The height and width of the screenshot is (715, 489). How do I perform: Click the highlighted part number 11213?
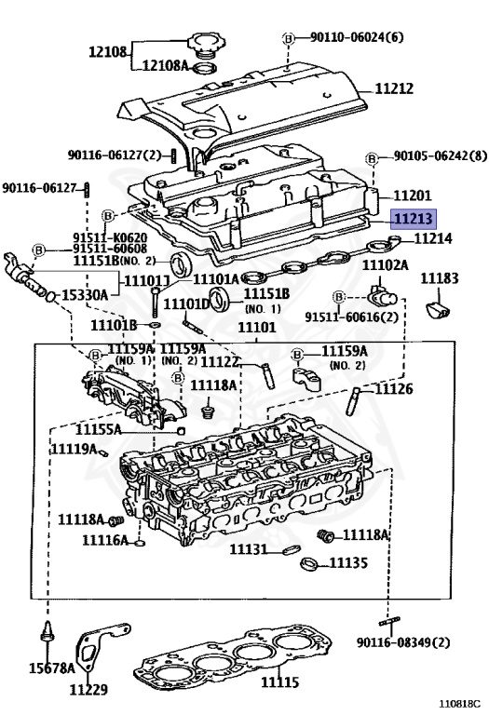tap(412, 220)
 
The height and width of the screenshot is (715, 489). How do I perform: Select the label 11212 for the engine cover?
tap(394, 89)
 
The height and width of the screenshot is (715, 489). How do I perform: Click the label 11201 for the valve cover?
tap(412, 196)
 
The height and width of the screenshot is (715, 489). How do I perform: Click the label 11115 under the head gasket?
tap(279, 682)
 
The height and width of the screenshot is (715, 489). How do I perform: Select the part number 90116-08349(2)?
tap(402, 642)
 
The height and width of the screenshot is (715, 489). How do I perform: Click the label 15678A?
tap(48, 668)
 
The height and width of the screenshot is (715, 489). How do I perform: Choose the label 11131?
tap(249, 549)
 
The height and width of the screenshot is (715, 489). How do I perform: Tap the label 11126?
tap(394, 388)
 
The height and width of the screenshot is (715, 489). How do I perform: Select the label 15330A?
tap(85, 295)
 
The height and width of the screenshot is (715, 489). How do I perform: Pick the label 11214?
tap(433, 239)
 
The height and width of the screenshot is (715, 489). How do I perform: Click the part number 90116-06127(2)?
tap(115, 155)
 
